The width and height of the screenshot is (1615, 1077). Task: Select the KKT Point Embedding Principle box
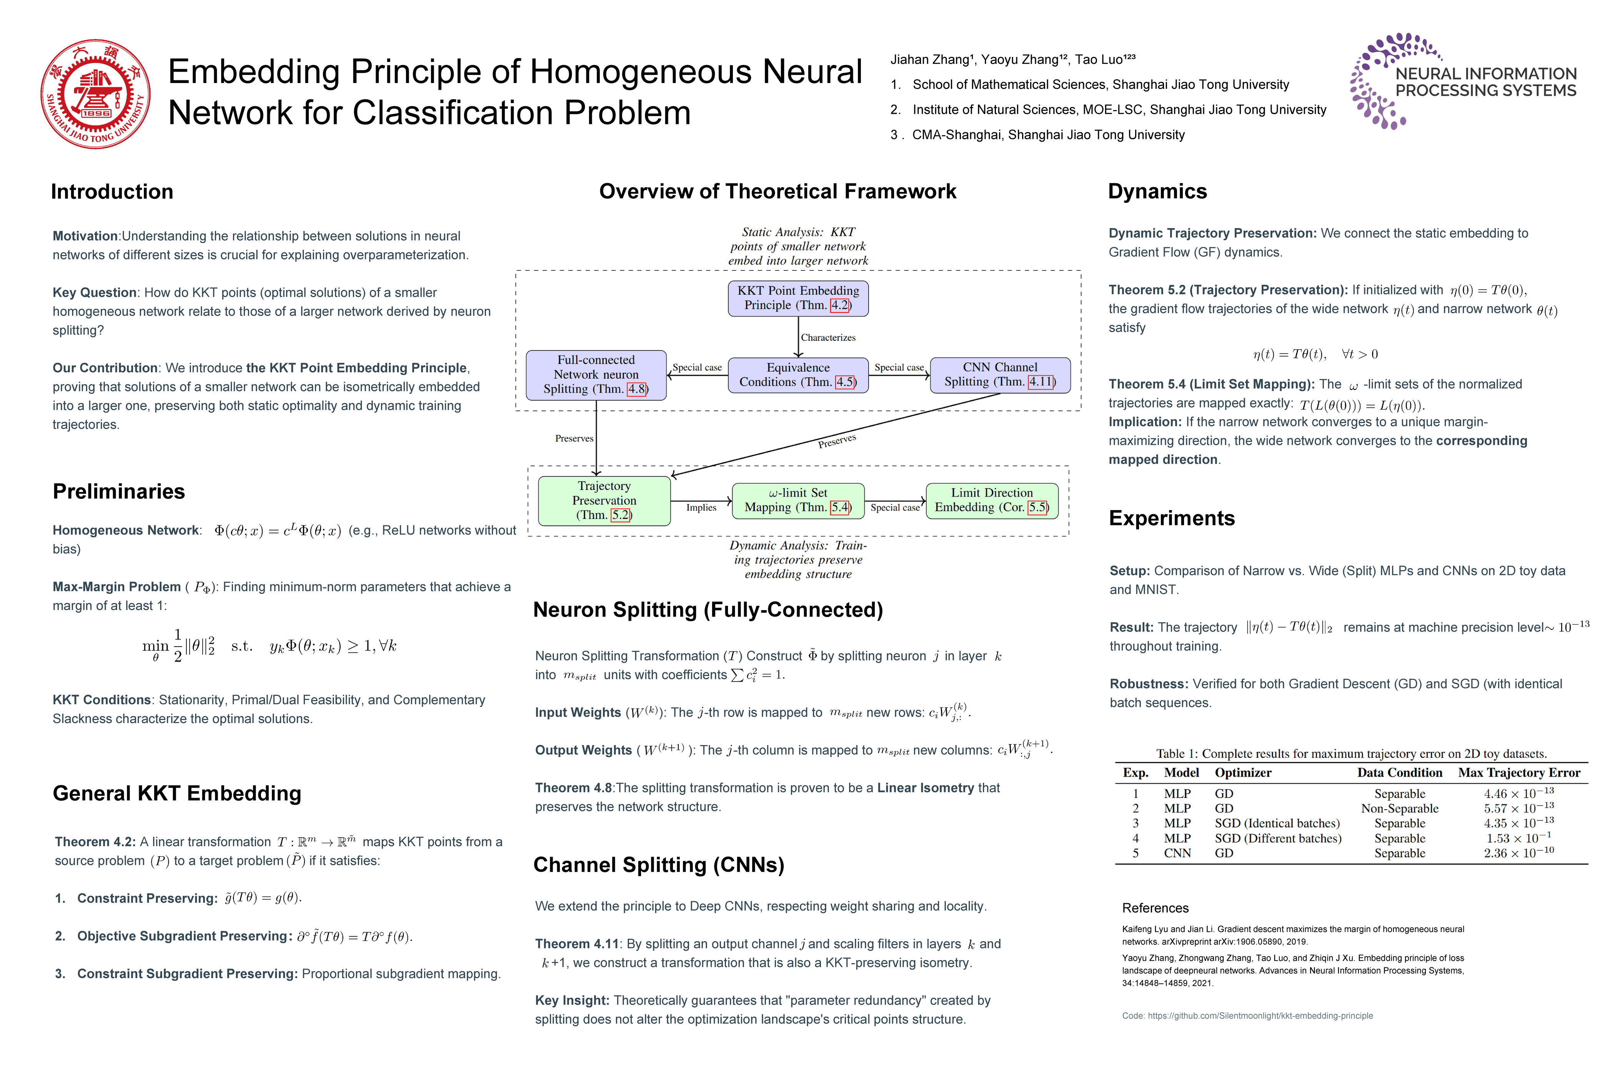point(798,298)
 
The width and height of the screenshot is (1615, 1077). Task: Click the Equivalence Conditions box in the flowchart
point(798,375)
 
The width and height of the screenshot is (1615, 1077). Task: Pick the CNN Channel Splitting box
point(1000,375)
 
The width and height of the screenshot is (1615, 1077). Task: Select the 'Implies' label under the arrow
point(701,508)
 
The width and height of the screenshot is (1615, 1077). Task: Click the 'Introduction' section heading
point(112,192)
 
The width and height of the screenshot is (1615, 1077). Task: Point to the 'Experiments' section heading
point(1171,518)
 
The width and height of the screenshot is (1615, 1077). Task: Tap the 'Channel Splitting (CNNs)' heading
point(658,865)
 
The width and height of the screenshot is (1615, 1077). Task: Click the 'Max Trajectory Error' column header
point(1519,773)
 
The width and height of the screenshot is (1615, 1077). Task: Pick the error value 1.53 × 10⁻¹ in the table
point(1518,838)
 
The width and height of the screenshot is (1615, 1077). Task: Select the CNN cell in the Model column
point(1177,853)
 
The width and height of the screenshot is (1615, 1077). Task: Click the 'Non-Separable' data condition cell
point(1399,809)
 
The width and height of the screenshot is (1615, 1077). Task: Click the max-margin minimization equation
point(269,646)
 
